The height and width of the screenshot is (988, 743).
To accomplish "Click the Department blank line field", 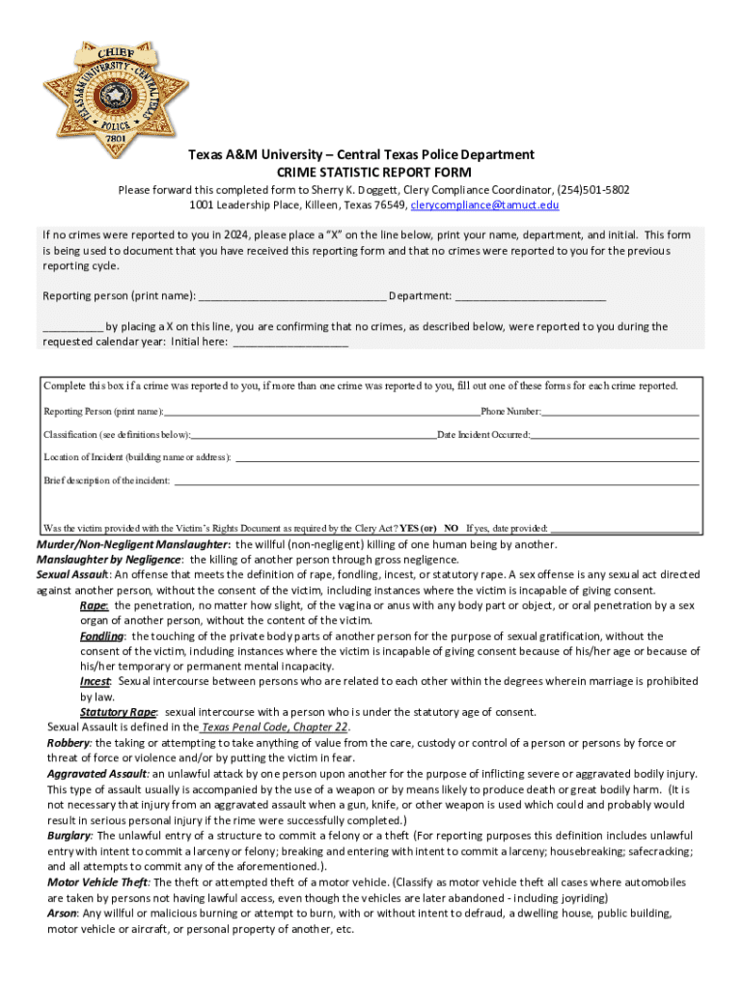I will pos(530,296).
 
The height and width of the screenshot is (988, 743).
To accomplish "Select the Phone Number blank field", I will pos(619,412).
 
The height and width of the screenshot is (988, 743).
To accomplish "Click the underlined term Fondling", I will pos(101,636).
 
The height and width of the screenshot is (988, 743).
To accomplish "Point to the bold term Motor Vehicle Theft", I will pos(97,882).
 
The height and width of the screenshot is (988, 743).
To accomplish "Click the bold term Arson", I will pos(63,913).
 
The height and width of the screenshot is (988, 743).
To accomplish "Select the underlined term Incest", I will pos(95,681).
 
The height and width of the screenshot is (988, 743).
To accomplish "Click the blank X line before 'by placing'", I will pos(72,327).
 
